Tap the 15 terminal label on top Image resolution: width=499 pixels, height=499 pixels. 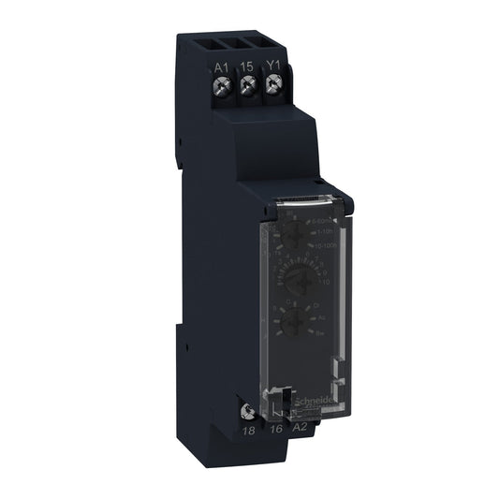[247, 66]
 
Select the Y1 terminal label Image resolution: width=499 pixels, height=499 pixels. [274, 66]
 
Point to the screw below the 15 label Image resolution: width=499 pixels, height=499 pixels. [248, 88]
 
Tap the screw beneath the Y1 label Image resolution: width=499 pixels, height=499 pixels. [274, 88]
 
